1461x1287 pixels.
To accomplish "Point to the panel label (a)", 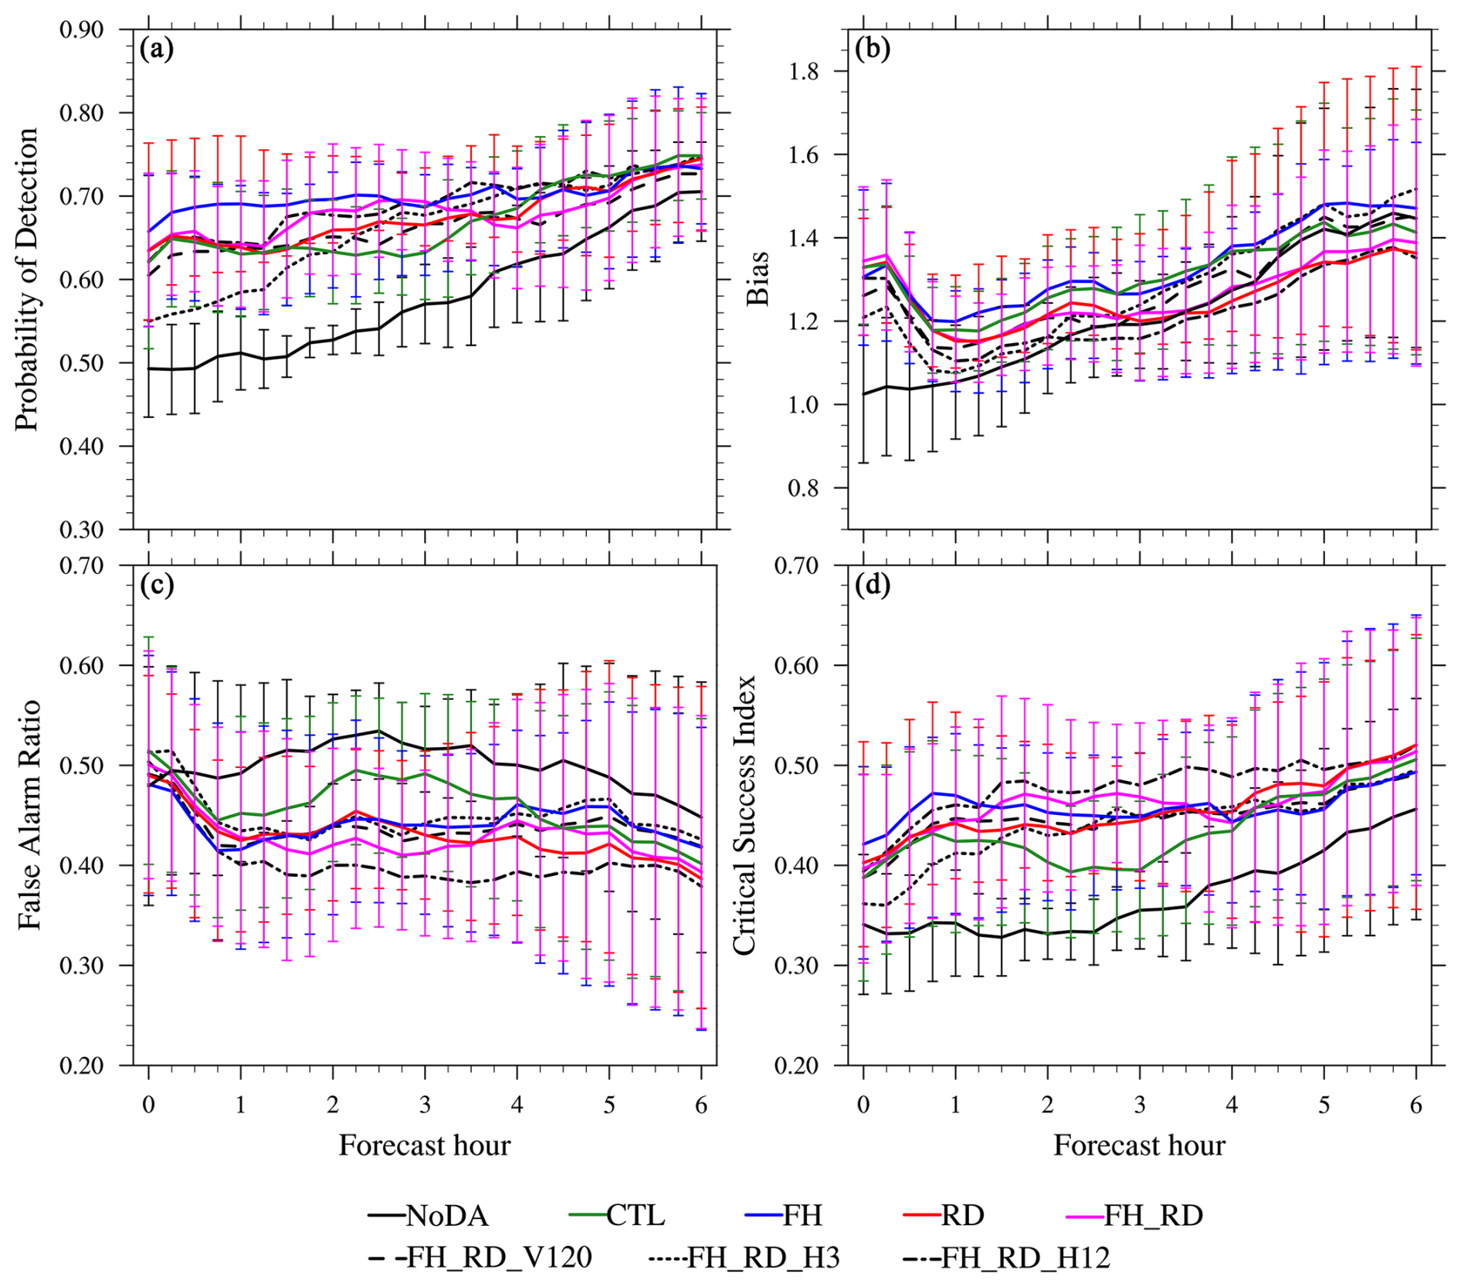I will click(x=157, y=49).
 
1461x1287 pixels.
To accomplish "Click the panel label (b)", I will click(x=873, y=49).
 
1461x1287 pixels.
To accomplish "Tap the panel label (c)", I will click(x=157, y=586).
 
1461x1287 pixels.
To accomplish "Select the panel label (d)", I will click(x=873, y=586).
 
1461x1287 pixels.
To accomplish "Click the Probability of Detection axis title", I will click(x=26, y=280).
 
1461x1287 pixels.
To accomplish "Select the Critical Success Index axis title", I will click(x=744, y=815).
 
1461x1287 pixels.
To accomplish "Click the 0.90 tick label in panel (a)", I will click(x=81, y=30).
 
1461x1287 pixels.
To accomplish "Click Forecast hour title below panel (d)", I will click(x=1139, y=1145).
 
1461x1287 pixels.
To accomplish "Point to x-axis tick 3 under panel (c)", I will click(x=425, y=1105).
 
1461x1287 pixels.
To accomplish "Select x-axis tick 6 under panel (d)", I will click(x=1416, y=1105).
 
